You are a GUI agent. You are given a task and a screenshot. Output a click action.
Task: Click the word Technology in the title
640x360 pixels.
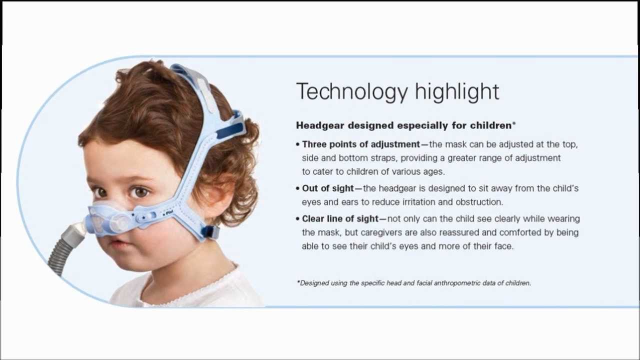coord(352,91)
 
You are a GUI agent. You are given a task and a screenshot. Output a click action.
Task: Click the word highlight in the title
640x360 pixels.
coord(457,91)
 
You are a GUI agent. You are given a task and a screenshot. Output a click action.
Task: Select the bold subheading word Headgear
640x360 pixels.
coord(320,125)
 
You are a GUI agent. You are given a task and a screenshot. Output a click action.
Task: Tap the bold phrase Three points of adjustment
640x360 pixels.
coord(361,144)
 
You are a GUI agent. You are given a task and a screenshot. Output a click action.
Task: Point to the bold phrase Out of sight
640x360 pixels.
coord(328,188)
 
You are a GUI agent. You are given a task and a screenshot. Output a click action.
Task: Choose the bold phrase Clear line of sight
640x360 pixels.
coord(340,219)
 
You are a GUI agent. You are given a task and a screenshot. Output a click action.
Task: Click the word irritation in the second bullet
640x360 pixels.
coord(419,202)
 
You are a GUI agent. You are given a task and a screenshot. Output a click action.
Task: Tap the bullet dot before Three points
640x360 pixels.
coord(298,145)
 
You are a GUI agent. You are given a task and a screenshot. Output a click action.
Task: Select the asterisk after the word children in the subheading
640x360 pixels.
coord(514,123)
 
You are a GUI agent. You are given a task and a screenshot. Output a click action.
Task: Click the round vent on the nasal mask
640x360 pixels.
coord(119,223)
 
